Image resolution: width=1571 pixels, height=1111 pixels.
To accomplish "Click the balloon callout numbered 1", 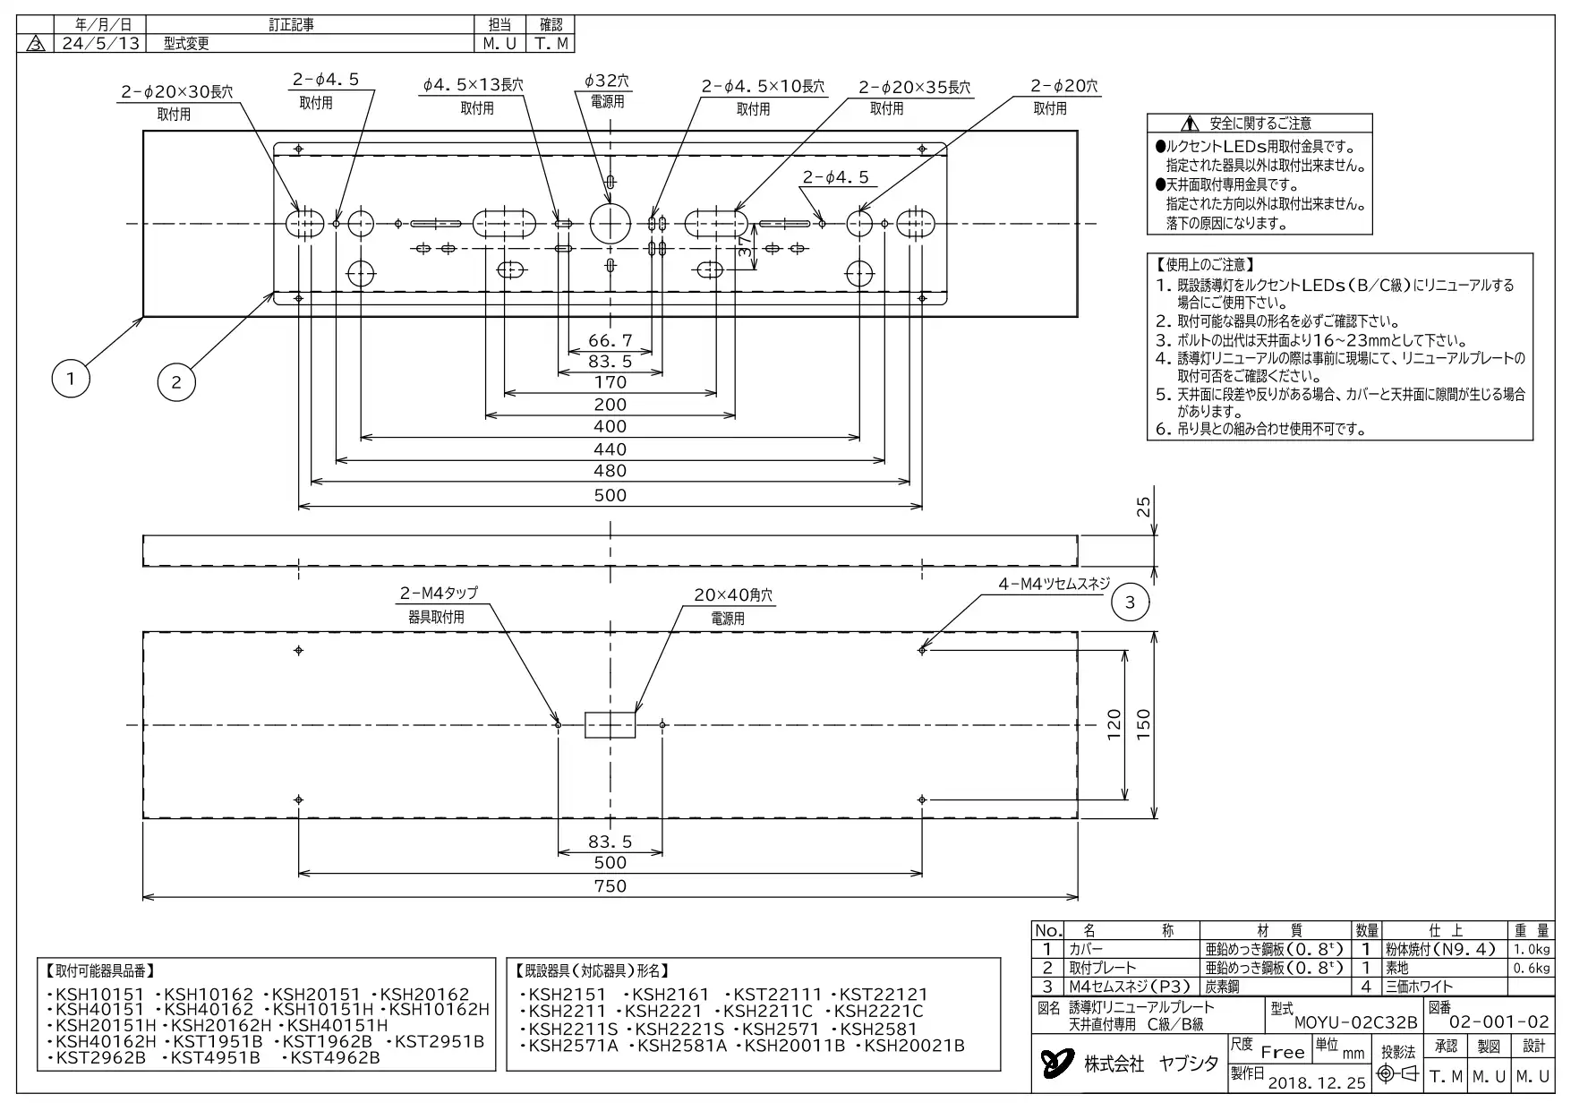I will pos(71,379).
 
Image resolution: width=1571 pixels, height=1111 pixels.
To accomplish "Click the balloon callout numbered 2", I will pos(176,382).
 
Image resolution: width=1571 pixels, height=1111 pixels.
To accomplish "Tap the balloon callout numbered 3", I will pos(1130,603).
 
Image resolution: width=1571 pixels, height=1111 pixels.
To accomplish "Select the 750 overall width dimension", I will pos(610,886).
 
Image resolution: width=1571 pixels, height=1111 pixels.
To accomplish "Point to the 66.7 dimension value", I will pos(610,340).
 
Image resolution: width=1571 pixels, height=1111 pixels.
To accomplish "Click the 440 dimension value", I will pos(610,449).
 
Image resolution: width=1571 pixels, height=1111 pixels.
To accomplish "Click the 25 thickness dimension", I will pos(1143,508).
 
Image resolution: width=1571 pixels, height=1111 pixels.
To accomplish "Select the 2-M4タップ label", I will pos(439,593).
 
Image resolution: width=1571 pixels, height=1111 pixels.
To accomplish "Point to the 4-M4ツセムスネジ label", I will pos(1054,584).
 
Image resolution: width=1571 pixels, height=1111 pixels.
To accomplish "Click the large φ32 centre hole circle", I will pos(610,223).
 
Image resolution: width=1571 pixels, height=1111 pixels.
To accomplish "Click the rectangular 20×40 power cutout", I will pos(610,724).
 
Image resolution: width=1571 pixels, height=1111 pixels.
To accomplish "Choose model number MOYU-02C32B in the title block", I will pos(1355,1022).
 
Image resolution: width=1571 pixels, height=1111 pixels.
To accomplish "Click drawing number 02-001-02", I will pos(1498,1022).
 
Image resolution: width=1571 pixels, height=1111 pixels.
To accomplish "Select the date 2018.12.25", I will pos(1317,1082).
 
